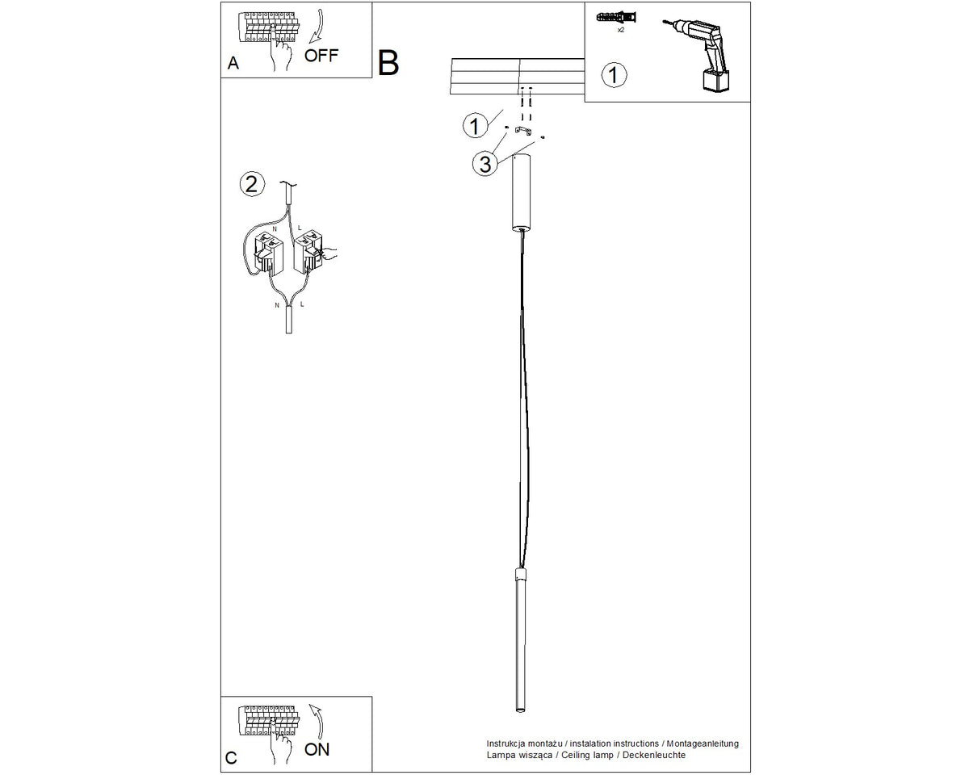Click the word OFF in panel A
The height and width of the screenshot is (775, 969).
click(321, 56)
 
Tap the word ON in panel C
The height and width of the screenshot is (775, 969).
click(317, 749)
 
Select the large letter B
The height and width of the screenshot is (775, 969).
click(388, 63)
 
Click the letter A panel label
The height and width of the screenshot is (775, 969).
click(233, 63)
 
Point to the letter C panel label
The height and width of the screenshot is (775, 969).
click(231, 758)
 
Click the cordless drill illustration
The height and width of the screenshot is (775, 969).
click(699, 55)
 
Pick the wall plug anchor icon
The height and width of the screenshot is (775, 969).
click(616, 18)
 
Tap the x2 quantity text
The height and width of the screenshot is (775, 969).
click(621, 30)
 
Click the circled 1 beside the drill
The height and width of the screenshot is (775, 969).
click(614, 75)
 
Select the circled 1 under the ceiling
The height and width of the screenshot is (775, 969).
click(476, 125)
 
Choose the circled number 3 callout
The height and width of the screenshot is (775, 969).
click(485, 163)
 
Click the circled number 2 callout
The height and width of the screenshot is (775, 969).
click(252, 184)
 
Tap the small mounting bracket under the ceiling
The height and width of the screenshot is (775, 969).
click(523, 131)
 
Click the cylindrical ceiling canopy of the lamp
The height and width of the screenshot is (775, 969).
click(522, 192)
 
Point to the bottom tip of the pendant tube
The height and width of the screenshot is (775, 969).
click(521, 712)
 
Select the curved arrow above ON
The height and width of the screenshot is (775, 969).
click(318, 722)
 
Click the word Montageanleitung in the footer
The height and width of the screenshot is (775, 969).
click(703, 743)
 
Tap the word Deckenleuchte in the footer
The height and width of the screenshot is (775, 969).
click(654, 755)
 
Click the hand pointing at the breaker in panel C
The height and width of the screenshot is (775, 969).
click(280, 747)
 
